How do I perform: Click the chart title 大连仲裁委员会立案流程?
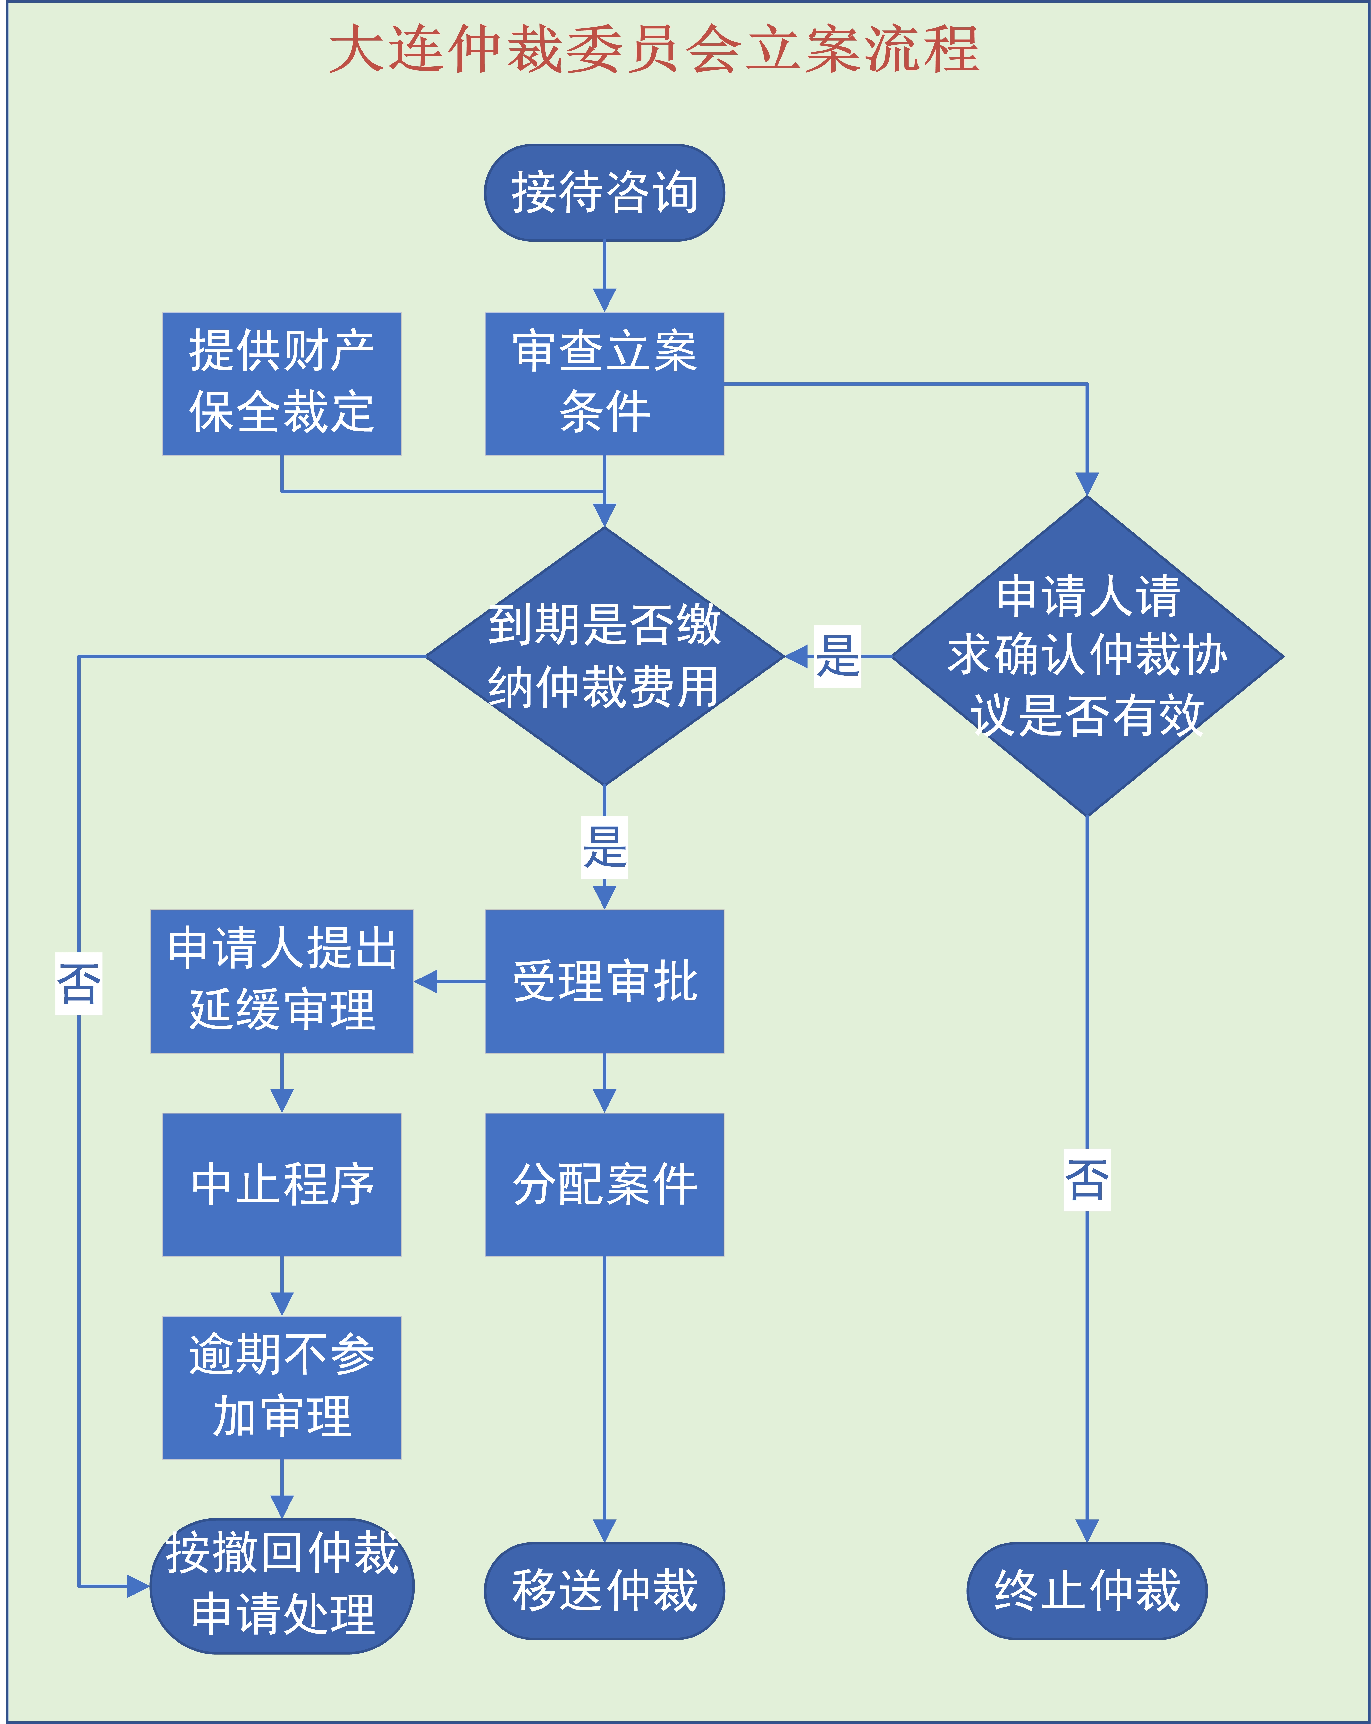coord(654,50)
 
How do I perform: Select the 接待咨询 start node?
coord(604,193)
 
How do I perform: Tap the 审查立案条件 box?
coord(604,384)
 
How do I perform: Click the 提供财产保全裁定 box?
coord(281,384)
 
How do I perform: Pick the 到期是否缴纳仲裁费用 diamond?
coord(604,657)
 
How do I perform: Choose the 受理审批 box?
coord(604,981)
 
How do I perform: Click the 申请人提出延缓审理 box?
coord(281,981)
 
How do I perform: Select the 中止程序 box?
coord(281,1184)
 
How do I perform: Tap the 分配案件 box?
coord(604,1184)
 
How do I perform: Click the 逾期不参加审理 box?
coord(281,1387)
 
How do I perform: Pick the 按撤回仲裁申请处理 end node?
coord(281,1586)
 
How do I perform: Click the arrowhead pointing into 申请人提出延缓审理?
coord(426,981)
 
